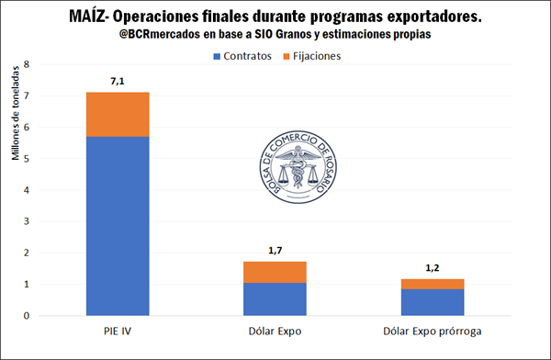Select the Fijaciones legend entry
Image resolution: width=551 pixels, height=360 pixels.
tap(312, 55)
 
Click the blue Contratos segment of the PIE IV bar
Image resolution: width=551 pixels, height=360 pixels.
tap(117, 225)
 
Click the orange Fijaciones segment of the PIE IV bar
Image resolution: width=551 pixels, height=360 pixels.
tap(117, 114)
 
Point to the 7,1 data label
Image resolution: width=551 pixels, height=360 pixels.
tap(117, 82)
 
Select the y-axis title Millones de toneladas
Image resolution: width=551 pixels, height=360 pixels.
tap(15, 118)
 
